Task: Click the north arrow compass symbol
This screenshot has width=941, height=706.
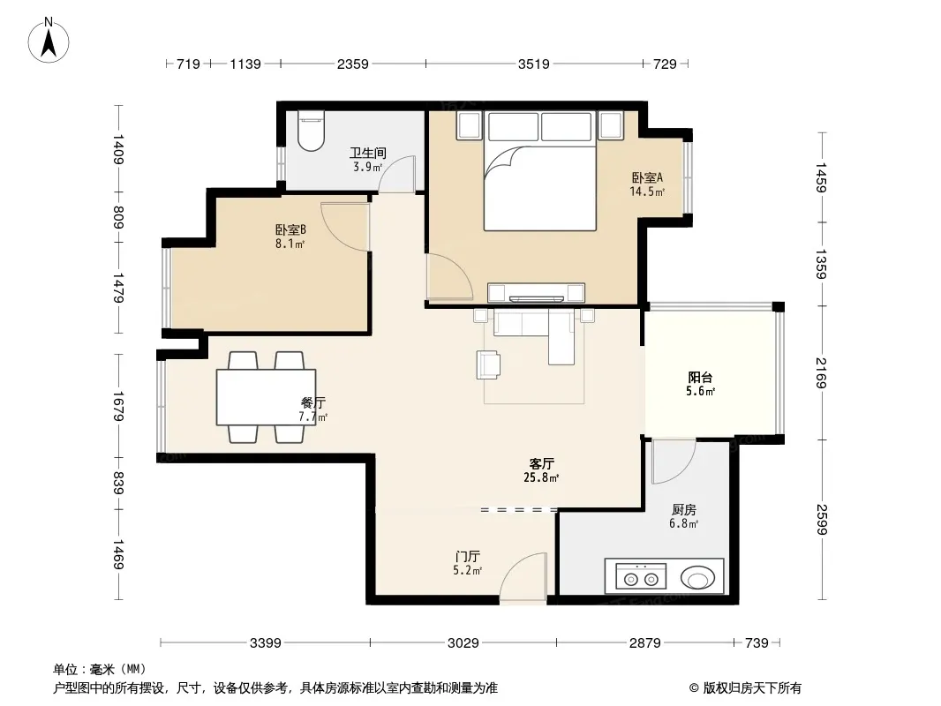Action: pos(49,40)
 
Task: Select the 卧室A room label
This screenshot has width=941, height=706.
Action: pos(647,177)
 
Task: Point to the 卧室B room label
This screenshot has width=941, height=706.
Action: pos(290,229)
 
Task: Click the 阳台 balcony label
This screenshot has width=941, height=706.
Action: pos(700,378)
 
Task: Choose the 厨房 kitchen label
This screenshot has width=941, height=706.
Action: pos(683,509)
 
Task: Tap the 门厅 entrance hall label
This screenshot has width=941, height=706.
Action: pos(467,557)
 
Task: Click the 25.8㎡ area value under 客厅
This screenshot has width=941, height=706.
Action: pos(541,478)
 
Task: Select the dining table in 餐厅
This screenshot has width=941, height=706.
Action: pos(266,397)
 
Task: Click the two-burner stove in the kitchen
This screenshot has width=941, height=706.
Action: pos(640,576)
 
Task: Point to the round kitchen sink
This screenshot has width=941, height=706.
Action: pos(697,578)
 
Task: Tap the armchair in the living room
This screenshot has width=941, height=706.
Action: pos(488,365)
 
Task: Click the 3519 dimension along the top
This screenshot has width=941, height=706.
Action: pos(533,64)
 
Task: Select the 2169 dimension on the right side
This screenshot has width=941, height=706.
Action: pos(822,372)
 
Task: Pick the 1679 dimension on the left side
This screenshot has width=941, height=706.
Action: pos(118,406)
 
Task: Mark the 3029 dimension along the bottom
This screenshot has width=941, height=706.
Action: pos(463,643)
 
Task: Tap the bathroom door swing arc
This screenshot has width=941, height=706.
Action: pos(396,174)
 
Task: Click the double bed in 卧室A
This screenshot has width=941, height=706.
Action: pos(540,170)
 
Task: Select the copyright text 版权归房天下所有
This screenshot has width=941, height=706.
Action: pos(752,688)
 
